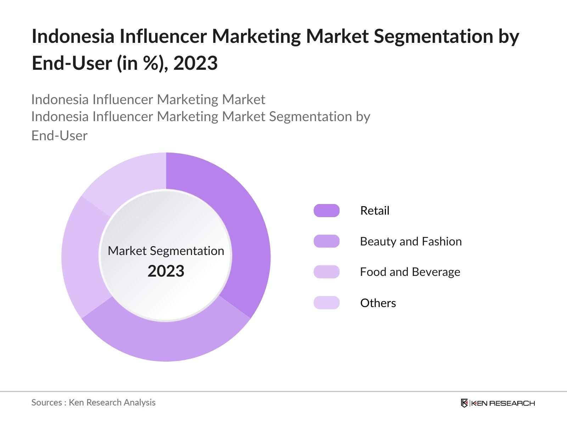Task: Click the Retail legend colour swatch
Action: click(x=326, y=211)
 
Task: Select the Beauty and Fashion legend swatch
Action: click(x=326, y=241)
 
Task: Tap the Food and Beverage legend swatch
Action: click(x=326, y=272)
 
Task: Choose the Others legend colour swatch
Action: click(x=326, y=303)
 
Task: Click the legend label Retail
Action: click(x=375, y=211)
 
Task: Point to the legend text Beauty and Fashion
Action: click(x=411, y=242)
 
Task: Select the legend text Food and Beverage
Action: click(x=410, y=272)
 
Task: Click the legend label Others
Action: click(x=378, y=303)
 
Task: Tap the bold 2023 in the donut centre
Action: click(x=166, y=271)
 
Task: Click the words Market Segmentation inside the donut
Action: click(x=166, y=251)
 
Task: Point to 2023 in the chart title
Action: click(x=195, y=63)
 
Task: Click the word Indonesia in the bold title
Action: click(x=73, y=36)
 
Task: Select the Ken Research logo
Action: click(x=498, y=403)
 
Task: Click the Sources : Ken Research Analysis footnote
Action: click(x=94, y=402)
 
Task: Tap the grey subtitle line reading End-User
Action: click(x=60, y=136)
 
